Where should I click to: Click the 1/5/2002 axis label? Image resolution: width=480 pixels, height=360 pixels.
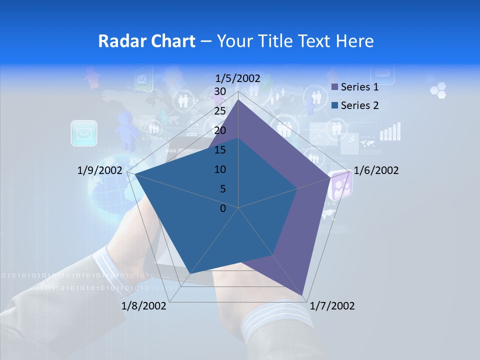click(238, 78)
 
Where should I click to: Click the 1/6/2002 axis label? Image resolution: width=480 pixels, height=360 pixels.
click(376, 170)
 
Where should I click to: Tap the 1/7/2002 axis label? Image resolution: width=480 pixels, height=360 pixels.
click(332, 306)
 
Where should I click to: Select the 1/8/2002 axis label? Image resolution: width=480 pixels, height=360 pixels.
click(144, 306)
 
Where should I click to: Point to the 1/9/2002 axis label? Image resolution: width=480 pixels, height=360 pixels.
click(100, 170)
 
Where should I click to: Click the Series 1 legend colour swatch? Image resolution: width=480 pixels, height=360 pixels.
click(334, 87)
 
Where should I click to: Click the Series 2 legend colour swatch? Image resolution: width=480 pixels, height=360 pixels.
click(334, 105)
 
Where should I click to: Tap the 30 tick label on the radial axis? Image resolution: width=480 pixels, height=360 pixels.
click(220, 91)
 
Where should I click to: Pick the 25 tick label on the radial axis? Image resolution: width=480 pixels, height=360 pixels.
click(220, 111)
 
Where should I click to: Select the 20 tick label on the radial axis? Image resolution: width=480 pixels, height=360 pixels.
click(220, 130)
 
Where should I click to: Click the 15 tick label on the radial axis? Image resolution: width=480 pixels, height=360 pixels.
click(220, 150)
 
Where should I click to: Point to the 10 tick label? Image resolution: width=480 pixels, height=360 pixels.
click(220, 169)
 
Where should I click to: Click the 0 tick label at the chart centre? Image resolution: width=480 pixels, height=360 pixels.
click(223, 208)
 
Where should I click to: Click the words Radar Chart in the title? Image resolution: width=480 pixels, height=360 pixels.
click(146, 41)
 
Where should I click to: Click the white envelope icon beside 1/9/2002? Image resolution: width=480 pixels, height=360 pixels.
click(84, 133)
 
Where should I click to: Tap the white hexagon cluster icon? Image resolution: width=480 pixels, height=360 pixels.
click(438, 90)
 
